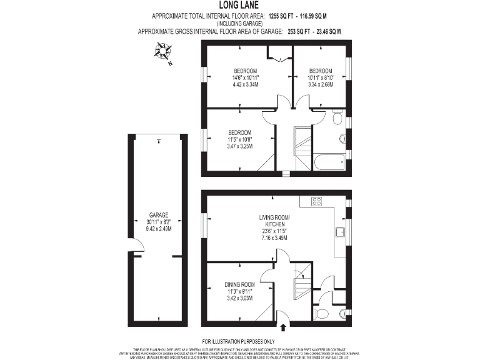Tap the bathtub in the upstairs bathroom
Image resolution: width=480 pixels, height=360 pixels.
tap(329, 163)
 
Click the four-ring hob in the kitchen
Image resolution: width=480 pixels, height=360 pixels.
tap(316, 201)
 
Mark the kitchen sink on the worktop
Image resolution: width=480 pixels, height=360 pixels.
tap(341, 233)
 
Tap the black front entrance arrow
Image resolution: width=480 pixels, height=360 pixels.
tap(284, 327)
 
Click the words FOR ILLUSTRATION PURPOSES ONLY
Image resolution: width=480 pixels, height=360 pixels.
tap(240, 341)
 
